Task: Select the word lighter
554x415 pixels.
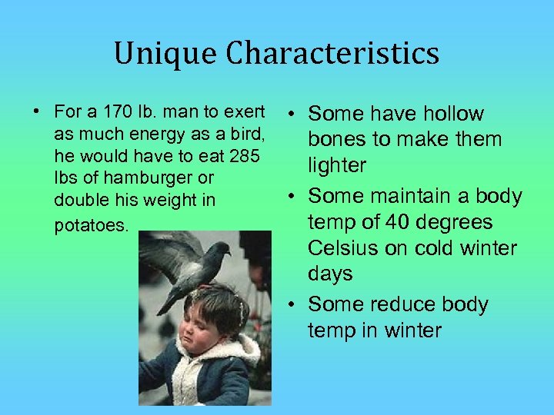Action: coord(337,166)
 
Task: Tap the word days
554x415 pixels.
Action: coord(330,274)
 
